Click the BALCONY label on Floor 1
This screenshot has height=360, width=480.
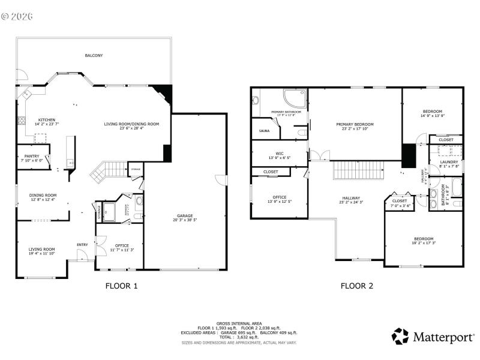pyautogui.click(x=94, y=55)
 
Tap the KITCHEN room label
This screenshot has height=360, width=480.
pyautogui.click(x=47, y=120)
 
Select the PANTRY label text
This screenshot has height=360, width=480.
pyautogui.click(x=32, y=156)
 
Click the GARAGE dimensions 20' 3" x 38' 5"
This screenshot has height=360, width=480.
pyautogui.click(x=185, y=220)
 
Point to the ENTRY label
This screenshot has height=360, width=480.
pyautogui.click(x=82, y=244)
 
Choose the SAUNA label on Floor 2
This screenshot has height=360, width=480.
pyautogui.click(x=264, y=130)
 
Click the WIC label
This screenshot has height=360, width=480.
pyautogui.click(x=280, y=153)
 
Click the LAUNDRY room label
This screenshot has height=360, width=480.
pyautogui.click(x=449, y=161)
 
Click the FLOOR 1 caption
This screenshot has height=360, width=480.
pyautogui.click(x=121, y=286)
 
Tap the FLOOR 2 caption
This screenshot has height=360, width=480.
pyautogui.click(x=357, y=286)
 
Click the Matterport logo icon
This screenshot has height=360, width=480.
pyautogui.click(x=400, y=336)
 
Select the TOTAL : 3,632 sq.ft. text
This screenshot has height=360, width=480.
pyautogui.click(x=240, y=337)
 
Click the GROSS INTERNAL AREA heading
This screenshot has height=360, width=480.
pyautogui.click(x=240, y=323)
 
